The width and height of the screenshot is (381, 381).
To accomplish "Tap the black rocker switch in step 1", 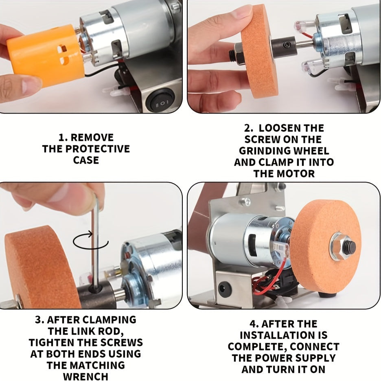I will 162,100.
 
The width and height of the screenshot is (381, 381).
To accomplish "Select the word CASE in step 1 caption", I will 86,160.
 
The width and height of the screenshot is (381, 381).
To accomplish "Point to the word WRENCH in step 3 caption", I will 85,376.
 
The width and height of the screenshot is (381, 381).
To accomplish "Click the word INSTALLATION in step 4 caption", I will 283,335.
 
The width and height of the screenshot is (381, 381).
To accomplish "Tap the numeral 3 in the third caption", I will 38,320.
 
